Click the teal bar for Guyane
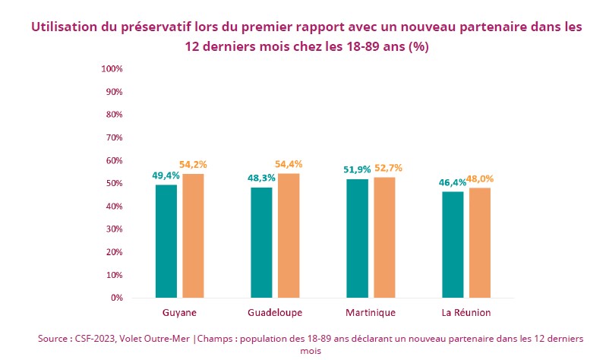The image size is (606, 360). coord(166,241)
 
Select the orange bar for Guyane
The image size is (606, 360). coord(193,235)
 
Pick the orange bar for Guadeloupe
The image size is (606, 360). coord(289,235)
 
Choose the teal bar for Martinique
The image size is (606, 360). coord(357,238)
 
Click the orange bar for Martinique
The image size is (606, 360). coord(384,237)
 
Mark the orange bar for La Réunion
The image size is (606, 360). coord(480,242)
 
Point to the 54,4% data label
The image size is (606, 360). coord(289,164)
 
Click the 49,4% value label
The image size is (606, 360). coord(166,175)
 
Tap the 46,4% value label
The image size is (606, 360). coord(453,182)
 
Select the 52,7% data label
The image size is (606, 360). coord(385,168)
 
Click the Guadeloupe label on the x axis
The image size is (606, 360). coord(275,313)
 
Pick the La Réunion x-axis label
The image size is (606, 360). coord(466,313)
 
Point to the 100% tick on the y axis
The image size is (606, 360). coord(112,69)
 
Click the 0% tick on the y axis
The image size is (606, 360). coord(117,298)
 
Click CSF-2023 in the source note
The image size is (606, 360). coord(95,339)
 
